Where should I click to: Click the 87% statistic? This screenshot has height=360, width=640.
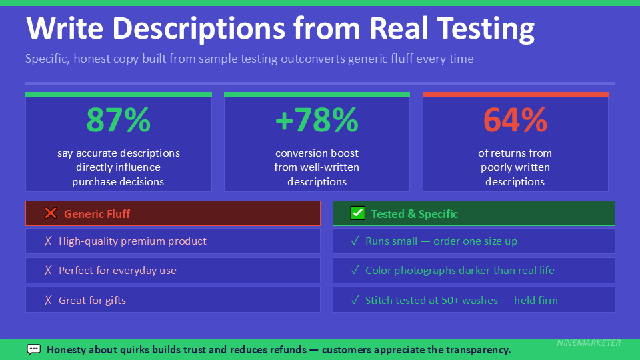coord(119,120)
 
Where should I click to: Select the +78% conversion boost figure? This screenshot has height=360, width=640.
coord(317,120)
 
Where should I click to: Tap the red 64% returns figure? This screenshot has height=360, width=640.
coord(515,120)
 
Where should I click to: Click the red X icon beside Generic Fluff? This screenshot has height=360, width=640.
coord(51,213)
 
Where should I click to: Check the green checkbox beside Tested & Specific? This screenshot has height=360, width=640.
coord(358,213)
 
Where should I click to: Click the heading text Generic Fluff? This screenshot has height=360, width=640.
coord(97,214)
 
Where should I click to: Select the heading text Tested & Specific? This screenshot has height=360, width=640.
coord(414,214)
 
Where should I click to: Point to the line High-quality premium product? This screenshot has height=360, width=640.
coord(133,241)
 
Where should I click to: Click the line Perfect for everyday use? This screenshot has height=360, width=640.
coord(117,271)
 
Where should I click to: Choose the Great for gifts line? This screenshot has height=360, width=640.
coord(92,300)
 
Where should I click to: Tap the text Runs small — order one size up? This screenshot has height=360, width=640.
coord(441,241)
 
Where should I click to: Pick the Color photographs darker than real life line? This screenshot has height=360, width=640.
coord(459,271)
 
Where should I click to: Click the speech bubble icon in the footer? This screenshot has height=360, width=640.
coord(34,349)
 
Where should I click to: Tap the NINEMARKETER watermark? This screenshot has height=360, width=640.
coord(589,343)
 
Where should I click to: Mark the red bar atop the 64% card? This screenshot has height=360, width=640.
coord(515,95)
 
